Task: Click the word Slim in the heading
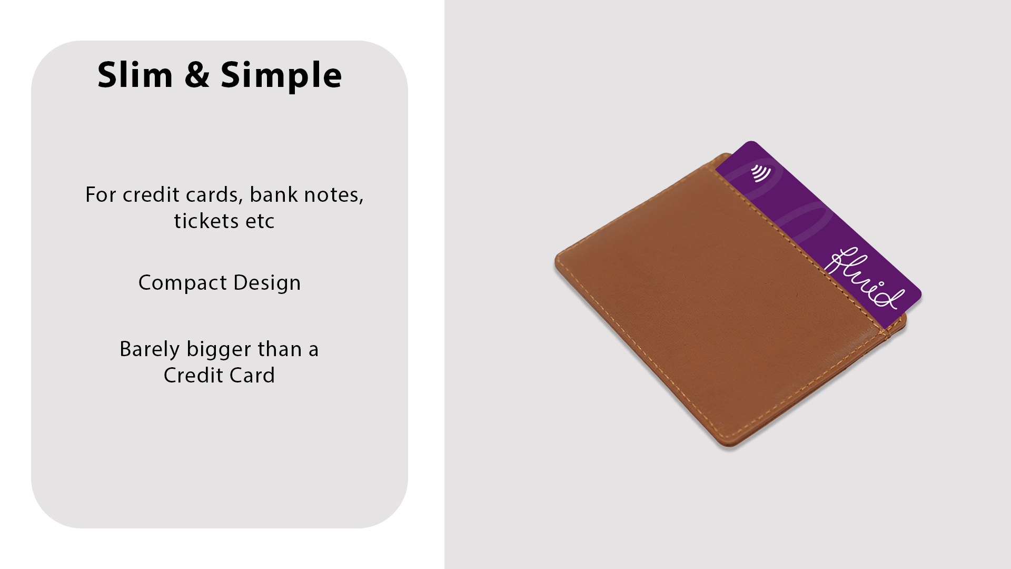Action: pyautogui.click(x=135, y=75)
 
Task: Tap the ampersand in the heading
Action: pyautogui.click(x=197, y=75)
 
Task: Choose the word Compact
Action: pyautogui.click(x=183, y=283)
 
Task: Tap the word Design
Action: pyautogui.click(x=267, y=283)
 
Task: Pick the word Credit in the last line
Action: pyautogui.click(x=193, y=375)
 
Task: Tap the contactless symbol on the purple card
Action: pyautogui.click(x=760, y=173)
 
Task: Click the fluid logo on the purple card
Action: pyautogui.click(x=864, y=278)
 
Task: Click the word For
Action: pyautogui.click(x=101, y=194)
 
